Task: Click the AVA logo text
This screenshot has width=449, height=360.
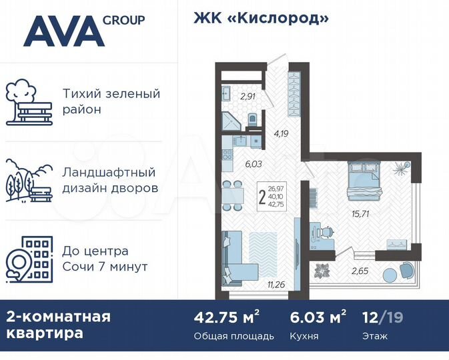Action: click(x=63, y=31)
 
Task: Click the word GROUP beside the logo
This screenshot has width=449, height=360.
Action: click(x=123, y=20)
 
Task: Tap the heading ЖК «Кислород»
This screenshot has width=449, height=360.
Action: click(x=261, y=18)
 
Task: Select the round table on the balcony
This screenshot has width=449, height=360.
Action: click(x=389, y=273)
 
